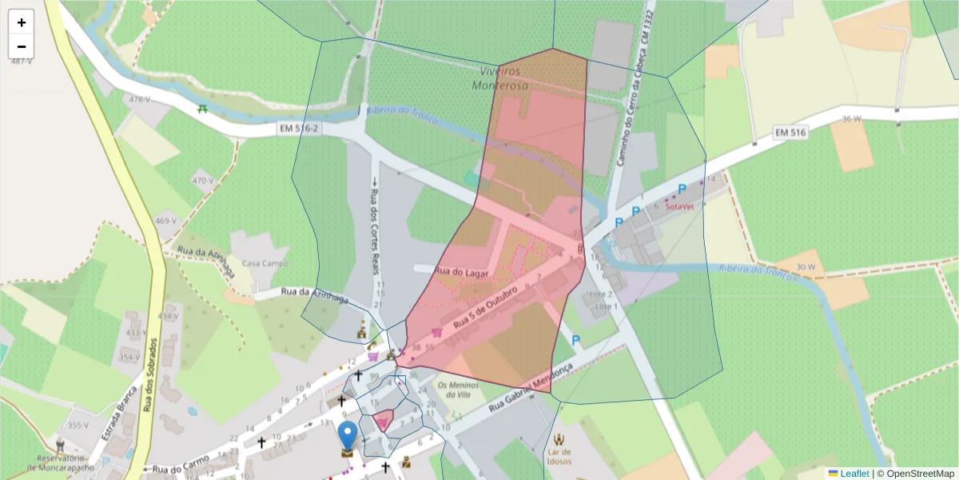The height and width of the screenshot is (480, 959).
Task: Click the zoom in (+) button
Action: (22, 22)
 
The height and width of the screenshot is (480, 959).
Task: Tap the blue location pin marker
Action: (348, 437)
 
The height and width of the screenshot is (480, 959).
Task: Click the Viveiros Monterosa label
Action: (502, 78)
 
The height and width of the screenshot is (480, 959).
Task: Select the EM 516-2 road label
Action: (300, 128)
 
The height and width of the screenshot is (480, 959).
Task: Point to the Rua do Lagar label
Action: (461, 272)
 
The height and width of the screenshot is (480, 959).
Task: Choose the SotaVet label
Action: (678, 206)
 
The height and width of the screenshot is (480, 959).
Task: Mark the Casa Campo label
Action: (265, 263)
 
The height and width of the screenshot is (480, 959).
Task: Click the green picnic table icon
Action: (203, 108)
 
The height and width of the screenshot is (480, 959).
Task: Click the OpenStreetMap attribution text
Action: (918, 474)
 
